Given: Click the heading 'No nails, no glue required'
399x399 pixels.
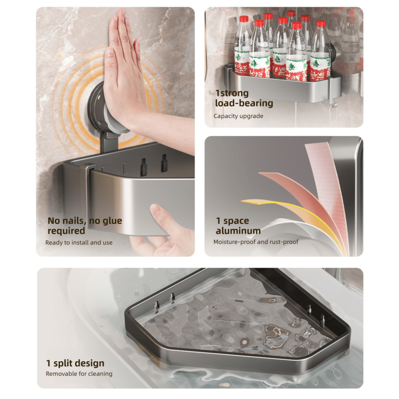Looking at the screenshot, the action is click(x=85, y=225).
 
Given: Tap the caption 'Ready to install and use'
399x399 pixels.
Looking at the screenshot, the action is click(x=79, y=242).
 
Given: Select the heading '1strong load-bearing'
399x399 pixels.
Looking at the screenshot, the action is click(x=244, y=98).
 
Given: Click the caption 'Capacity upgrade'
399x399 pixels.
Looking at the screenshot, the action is click(x=238, y=116).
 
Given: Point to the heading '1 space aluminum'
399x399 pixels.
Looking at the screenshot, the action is click(x=238, y=225).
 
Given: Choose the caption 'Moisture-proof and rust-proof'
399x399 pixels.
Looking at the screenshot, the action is click(x=256, y=242).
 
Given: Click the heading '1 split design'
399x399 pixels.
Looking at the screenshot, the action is click(x=75, y=363).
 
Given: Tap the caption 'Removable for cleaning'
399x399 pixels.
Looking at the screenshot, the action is click(x=79, y=374).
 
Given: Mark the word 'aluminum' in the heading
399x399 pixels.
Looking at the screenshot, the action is click(x=238, y=231).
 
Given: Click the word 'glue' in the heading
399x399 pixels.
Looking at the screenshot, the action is click(x=112, y=221).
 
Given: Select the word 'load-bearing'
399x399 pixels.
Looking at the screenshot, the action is click(x=244, y=103).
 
